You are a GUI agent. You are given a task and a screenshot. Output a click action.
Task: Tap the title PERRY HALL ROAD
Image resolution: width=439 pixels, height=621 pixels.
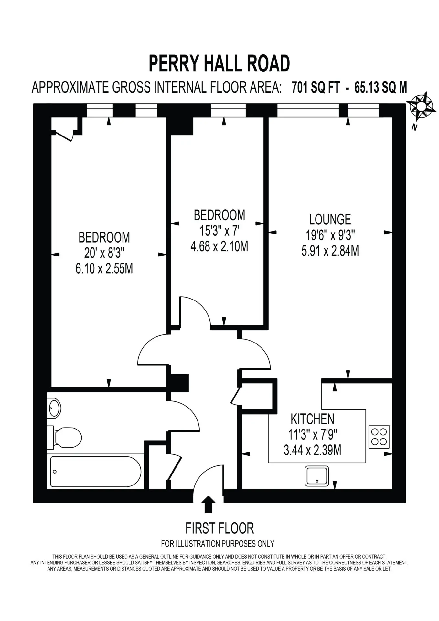(219, 63)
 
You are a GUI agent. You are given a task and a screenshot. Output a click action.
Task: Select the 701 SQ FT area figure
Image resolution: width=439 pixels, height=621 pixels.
(316, 88)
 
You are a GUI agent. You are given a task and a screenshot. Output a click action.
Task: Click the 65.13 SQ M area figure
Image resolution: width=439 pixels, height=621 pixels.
(380, 88)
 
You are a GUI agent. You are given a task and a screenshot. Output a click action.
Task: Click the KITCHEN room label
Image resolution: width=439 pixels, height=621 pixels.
(312, 419)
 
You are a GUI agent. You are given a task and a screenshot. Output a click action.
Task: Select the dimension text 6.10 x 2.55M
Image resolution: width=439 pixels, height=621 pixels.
(104, 269)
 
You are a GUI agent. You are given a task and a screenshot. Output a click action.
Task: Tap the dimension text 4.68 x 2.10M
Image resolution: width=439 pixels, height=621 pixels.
(219, 246)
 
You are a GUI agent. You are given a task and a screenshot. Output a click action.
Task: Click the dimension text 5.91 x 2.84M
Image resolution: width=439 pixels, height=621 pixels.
(330, 251)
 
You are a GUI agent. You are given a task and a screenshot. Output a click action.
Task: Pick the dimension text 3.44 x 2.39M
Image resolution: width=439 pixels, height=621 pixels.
(312, 450)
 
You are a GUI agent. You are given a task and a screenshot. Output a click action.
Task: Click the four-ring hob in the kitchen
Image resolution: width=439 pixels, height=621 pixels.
(379, 437)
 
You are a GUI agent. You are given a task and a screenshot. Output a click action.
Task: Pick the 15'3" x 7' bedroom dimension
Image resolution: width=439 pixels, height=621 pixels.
(219, 231)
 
